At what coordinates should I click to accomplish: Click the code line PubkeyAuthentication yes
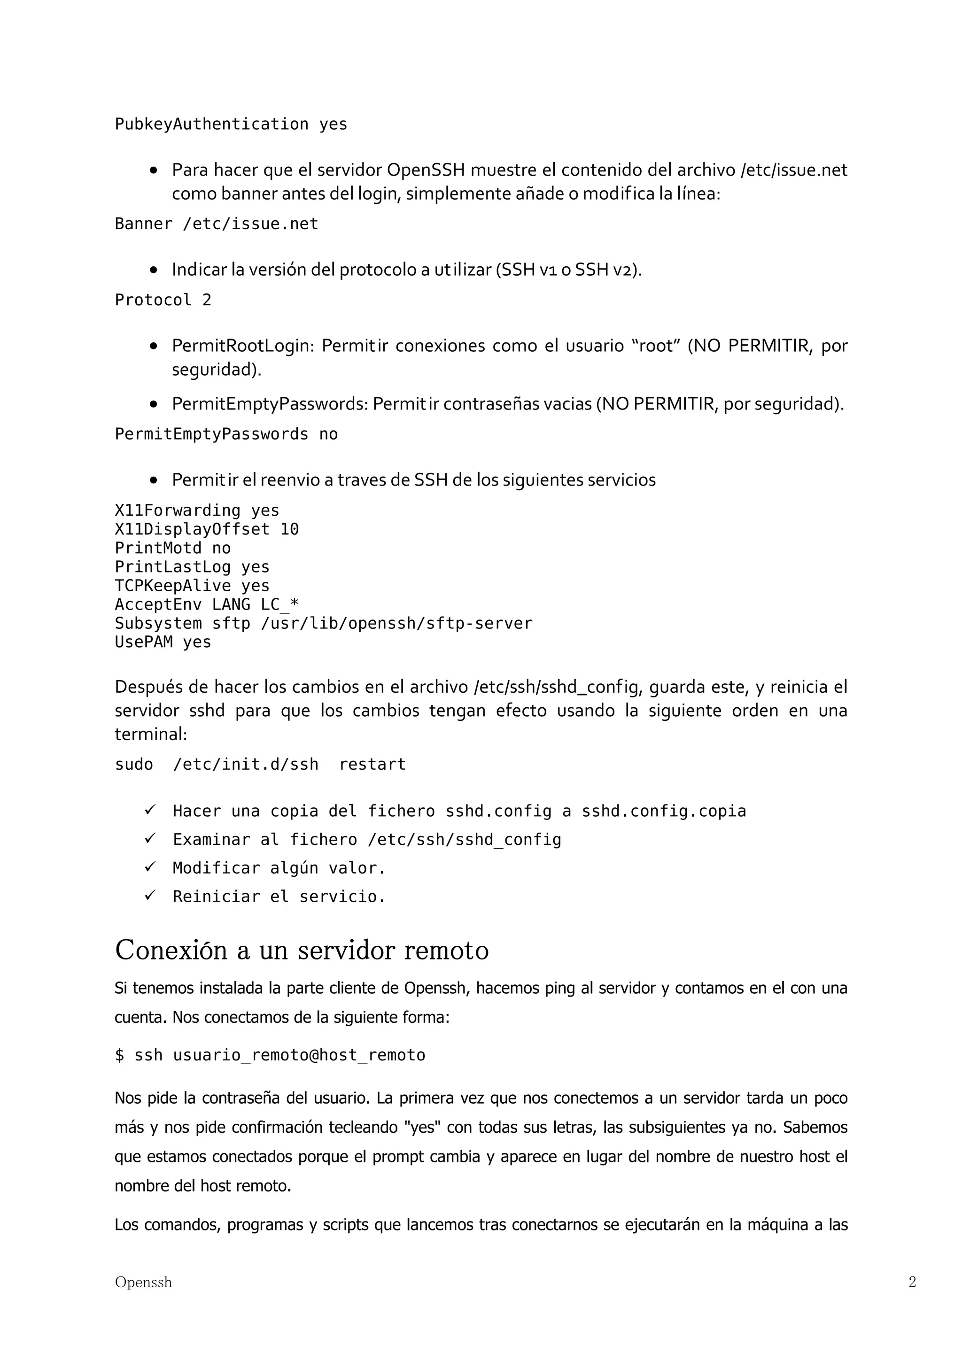(x=231, y=124)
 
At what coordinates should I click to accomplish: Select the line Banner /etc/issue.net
(x=217, y=224)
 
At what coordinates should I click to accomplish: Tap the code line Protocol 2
(x=163, y=300)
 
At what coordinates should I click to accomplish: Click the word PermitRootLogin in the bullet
(x=241, y=346)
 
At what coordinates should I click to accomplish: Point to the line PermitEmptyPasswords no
(x=226, y=434)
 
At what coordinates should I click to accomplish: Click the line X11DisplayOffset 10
(x=206, y=529)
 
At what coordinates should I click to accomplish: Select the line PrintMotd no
(x=172, y=549)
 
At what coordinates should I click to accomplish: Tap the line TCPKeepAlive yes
(x=192, y=586)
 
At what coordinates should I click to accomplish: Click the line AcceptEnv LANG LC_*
(x=206, y=604)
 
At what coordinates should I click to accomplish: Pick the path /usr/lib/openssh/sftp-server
(x=396, y=624)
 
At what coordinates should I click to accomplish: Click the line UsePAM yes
(x=163, y=642)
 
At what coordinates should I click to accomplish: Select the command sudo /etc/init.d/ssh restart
(x=260, y=765)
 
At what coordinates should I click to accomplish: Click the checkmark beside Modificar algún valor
(x=150, y=866)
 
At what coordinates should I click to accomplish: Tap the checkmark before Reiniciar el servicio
(x=150, y=895)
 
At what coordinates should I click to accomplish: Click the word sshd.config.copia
(x=663, y=811)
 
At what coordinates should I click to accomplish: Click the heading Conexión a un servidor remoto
(x=302, y=951)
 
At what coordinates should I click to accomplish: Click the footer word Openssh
(x=143, y=1282)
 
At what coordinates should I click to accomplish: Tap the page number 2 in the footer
(x=912, y=1282)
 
